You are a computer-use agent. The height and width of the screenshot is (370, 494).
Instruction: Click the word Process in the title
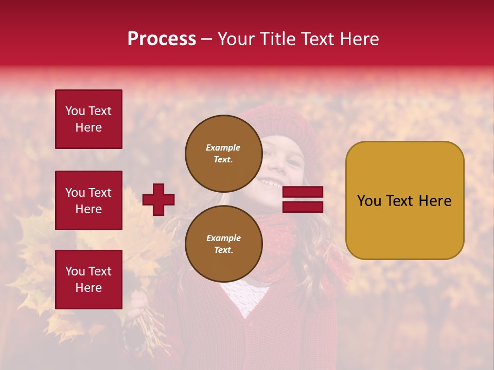[162, 39]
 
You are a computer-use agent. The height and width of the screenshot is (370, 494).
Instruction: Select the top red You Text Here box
[89, 119]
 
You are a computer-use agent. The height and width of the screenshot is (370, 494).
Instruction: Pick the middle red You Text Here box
[89, 200]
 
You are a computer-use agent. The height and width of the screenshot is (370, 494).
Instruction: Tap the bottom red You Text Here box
[89, 280]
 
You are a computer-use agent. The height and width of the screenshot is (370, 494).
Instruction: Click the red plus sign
[158, 199]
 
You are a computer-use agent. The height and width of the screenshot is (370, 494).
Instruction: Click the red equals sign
[303, 199]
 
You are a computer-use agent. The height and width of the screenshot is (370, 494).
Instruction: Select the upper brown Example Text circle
[223, 153]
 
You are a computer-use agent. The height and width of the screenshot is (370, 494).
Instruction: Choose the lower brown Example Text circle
[223, 244]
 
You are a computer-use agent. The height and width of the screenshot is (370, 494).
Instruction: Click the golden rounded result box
[404, 200]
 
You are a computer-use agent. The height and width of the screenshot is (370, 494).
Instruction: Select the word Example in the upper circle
[223, 147]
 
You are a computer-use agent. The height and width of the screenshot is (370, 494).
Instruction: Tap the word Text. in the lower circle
[223, 250]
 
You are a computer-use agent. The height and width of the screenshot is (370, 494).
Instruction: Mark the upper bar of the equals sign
[303, 192]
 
